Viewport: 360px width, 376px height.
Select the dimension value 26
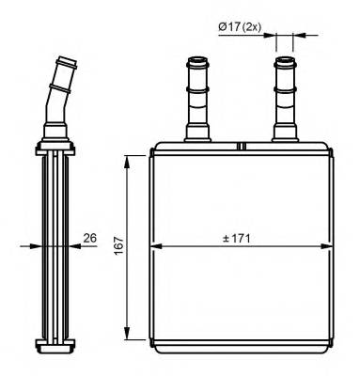coord(91,238)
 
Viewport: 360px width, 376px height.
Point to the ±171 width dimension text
coord(241,237)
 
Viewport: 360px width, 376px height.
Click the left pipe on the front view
coord(200,100)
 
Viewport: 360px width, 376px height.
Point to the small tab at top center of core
coord(242,146)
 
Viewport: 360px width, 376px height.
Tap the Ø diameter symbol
coord(223,27)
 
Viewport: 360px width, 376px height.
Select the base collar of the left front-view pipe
coord(200,133)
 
